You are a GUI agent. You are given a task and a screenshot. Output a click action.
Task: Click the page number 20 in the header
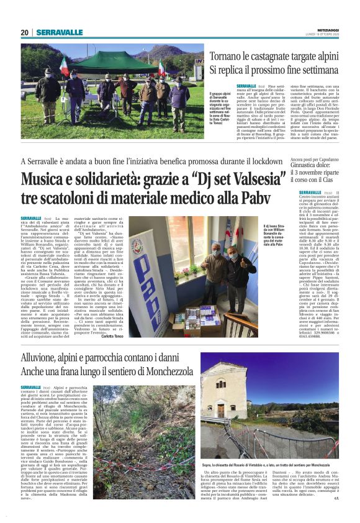coord(24,32)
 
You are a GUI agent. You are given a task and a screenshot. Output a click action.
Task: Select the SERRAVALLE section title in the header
coord(59,32)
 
